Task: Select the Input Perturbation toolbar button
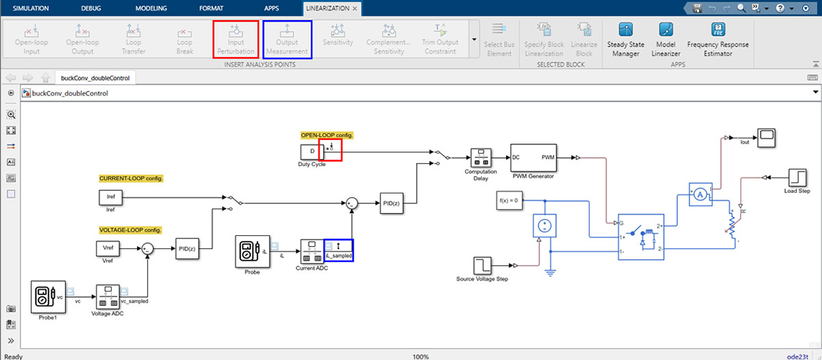236,39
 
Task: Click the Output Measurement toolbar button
287,39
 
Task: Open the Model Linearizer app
665,39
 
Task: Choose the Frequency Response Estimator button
717,39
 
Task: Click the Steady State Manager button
625,39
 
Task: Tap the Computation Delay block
480,159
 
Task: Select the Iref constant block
110,197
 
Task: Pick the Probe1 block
48,298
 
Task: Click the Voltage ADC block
107,296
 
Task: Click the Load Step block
797,176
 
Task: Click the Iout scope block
766,136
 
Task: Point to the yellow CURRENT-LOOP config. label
131,178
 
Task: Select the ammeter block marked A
698,195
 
